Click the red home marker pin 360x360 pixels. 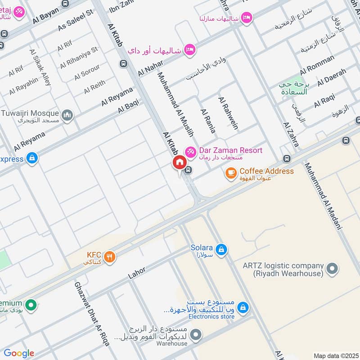(x=179, y=163)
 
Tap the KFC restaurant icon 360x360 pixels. (x=109, y=257)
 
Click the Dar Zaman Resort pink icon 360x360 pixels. (x=191, y=152)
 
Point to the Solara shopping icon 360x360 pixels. (x=221, y=249)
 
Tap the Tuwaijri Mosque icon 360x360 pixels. (x=68, y=116)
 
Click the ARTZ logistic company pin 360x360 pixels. (x=332, y=269)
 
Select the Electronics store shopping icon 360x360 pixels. (x=243, y=307)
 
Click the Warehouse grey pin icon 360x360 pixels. (x=195, y=335)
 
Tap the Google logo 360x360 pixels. (x=18, y=353)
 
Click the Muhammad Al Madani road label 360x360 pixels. (x=323, y=196)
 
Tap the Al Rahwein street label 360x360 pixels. (x=227, y=113)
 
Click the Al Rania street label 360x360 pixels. (x=208, y=121)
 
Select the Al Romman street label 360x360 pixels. (x=317, y=64)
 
